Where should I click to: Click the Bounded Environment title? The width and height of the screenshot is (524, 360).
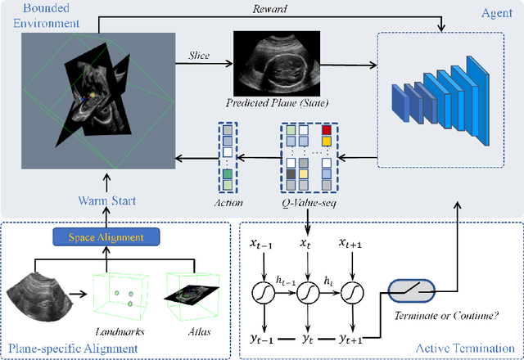(42, 15)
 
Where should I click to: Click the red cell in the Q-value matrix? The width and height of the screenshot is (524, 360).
(327, 130)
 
